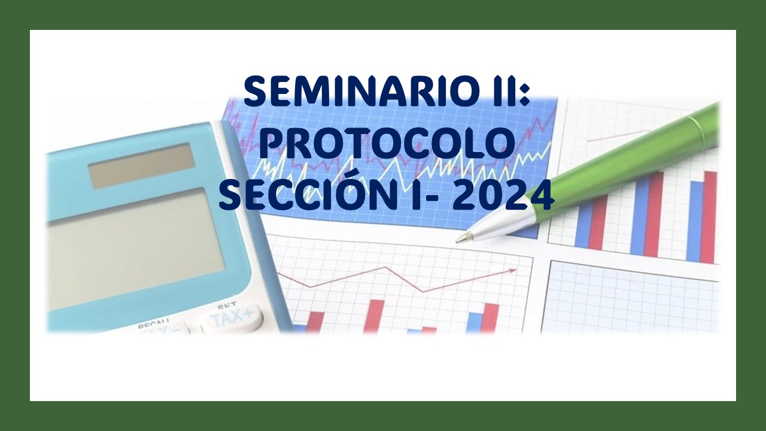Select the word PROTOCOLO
(x=388, y=144)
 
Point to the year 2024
(x=502, y=195)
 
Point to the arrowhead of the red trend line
(x=513, y=271)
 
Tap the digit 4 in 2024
(x=540, y=195)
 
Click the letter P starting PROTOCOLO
(x=272, y=144)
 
